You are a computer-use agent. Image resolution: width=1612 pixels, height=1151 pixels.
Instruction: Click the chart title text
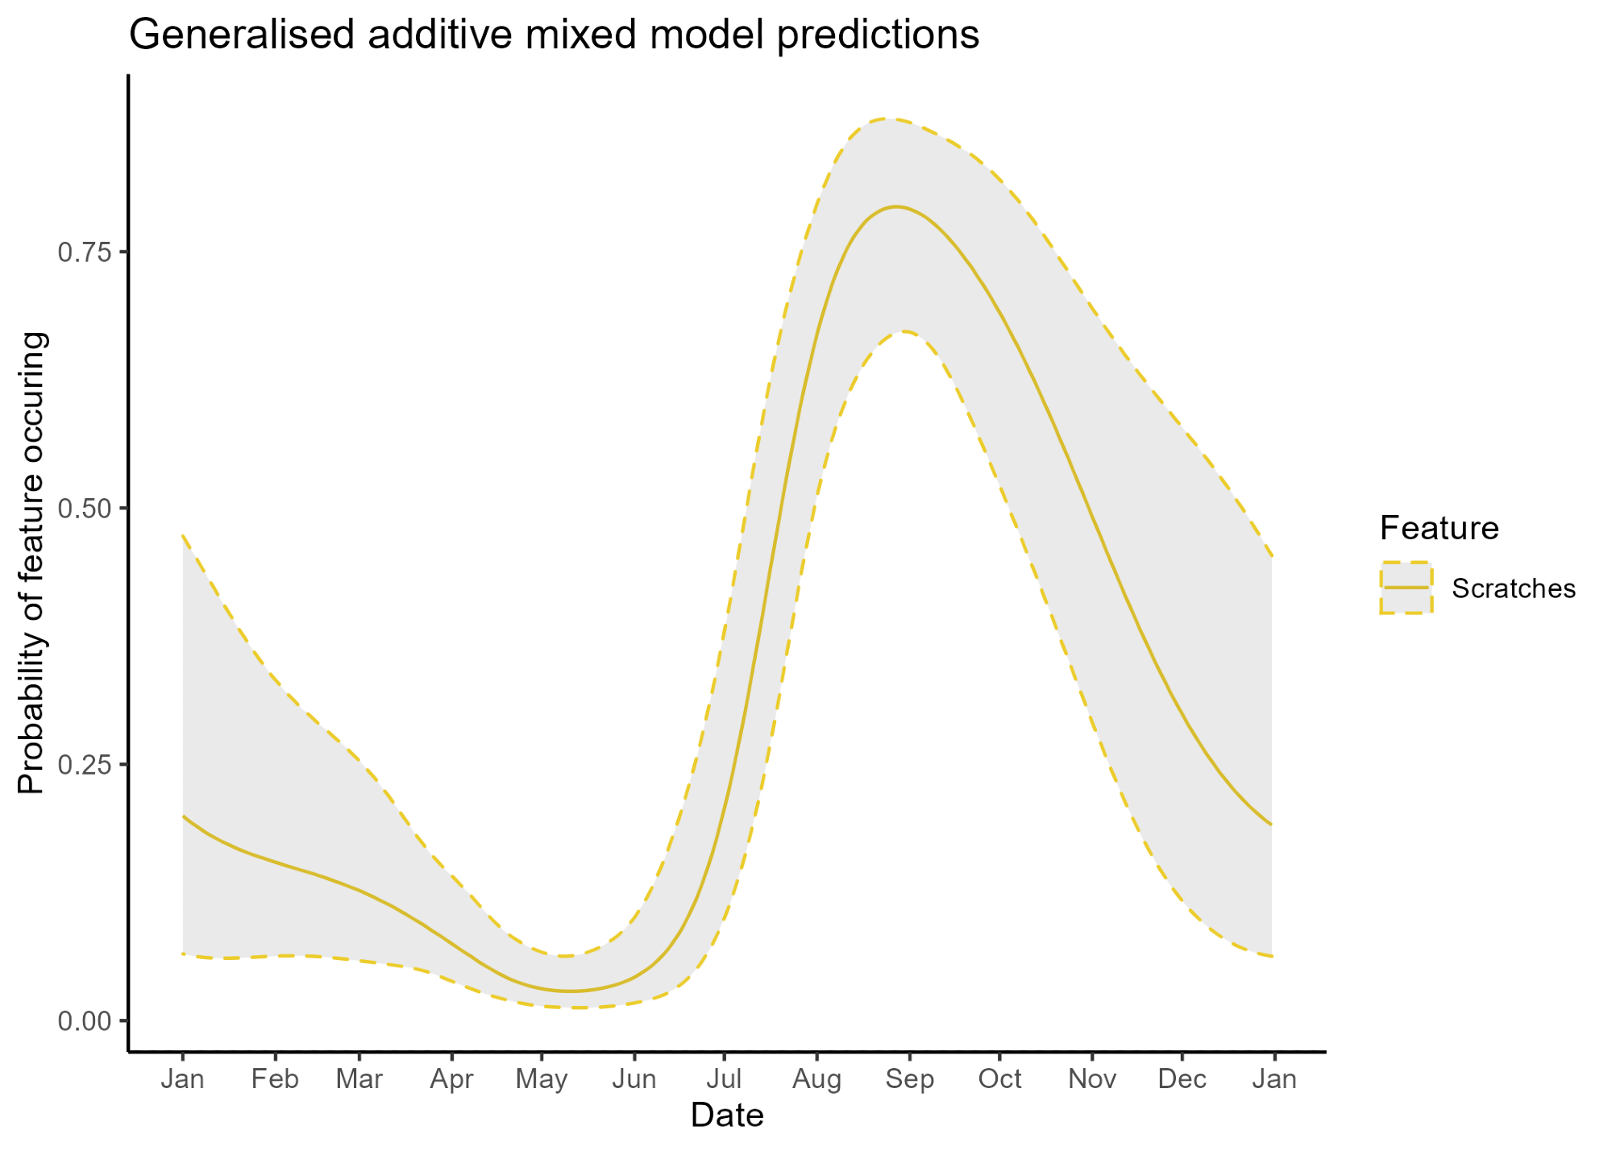554,35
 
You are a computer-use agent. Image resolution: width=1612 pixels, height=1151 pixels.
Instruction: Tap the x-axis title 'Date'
727,1116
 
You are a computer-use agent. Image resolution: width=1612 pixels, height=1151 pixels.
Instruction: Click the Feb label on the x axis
275,1079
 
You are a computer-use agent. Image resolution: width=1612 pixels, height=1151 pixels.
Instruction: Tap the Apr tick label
451,1079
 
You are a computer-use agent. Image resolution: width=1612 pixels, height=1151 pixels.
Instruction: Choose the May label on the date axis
542,1079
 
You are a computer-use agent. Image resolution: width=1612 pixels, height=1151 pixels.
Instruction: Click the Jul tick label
724,1079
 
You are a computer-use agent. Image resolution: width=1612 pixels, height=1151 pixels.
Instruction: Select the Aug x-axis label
816,1079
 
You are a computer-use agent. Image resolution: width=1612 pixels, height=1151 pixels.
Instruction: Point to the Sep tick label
909,1079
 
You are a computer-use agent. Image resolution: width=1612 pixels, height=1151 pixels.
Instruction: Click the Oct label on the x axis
999,1079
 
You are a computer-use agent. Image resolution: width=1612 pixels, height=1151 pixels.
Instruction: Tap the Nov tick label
1092,1079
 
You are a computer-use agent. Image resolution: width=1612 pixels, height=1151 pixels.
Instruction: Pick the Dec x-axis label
1182,1079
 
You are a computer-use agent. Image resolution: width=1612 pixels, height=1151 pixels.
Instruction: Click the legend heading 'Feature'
1439,529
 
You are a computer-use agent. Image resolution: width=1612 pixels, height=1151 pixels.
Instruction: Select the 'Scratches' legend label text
1513,589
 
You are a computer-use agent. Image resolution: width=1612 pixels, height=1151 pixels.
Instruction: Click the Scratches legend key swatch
1406,588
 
